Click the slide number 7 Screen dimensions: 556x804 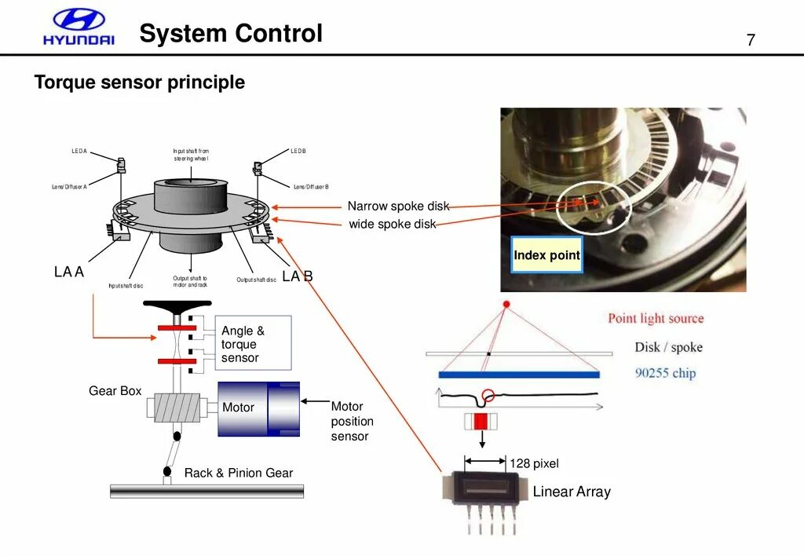pos(751,40)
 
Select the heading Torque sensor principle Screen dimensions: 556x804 pos(140,82)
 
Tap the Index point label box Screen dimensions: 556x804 pos(546,254)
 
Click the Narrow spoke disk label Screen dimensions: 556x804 pos(398,207)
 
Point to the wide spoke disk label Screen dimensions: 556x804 pos(393,225)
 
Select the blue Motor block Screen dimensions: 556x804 pos(258,408)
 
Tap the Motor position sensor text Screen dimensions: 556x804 pos(351,421)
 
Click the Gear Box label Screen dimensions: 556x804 pos(115,391)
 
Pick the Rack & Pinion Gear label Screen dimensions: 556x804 pos(238,473)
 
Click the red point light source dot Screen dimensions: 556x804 pos(506,304)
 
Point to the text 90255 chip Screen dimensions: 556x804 pos(665,373)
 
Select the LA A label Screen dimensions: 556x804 pos(68,272)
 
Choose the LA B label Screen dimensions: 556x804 pos(298,276)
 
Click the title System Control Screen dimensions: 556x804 pos(231,34)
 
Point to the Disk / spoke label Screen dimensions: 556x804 pos(668,347)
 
